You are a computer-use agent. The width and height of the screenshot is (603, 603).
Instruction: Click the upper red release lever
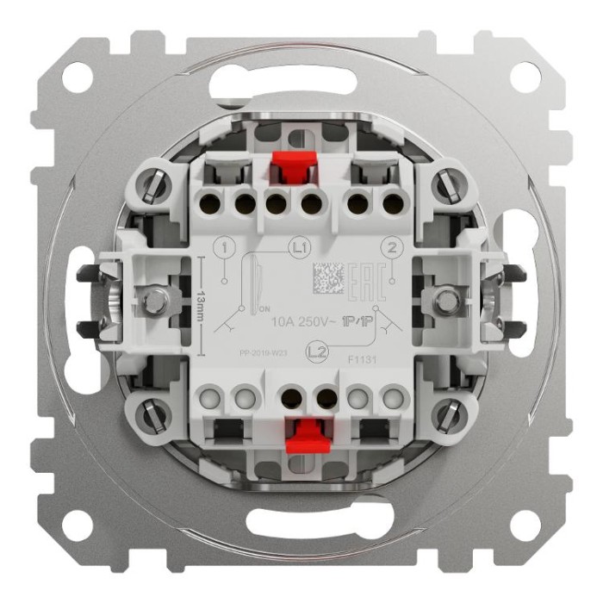(291, 169)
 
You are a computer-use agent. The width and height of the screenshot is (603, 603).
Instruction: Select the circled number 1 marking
(226, 249)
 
